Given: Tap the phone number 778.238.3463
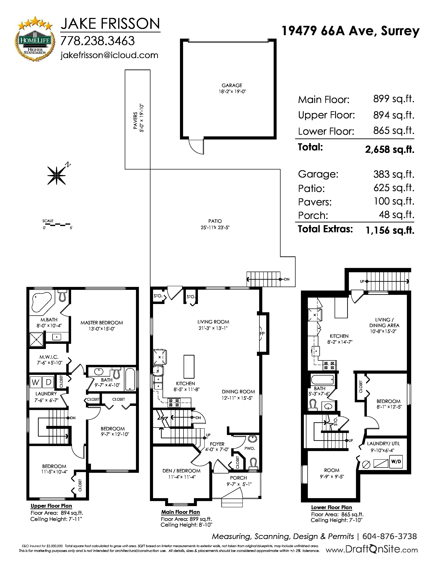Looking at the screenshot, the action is [x=97, y=41].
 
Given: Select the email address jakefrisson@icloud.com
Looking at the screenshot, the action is [x=109, y=55].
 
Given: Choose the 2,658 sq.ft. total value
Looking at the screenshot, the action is [x=390, y=149].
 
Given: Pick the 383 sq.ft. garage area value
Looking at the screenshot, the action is [x=394, y=174].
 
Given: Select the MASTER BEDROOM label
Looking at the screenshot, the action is [x=102, y=323].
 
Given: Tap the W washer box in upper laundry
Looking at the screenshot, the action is [x=35, y=382].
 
